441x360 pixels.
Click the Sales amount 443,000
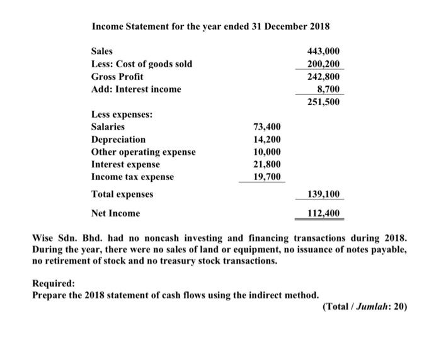click(x=323, y=51)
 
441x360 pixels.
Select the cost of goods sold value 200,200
click(x=323, y=64)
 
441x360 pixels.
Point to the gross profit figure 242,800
click(x=323, y=76)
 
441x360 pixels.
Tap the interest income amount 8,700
click(x=326, y=89)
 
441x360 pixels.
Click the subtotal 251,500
click(x=323, y=101)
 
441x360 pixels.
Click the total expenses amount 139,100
click(x=323, y=194)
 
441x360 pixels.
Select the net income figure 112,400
click(x=323, y=213)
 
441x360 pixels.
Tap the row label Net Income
click(x=116, y=213)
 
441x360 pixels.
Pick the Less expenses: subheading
click(x=121, y=115)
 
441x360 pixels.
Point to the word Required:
click(x=54, y=283)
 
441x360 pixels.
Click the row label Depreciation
click(x=118, y=139)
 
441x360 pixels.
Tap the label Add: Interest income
click(x=136, y=89)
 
